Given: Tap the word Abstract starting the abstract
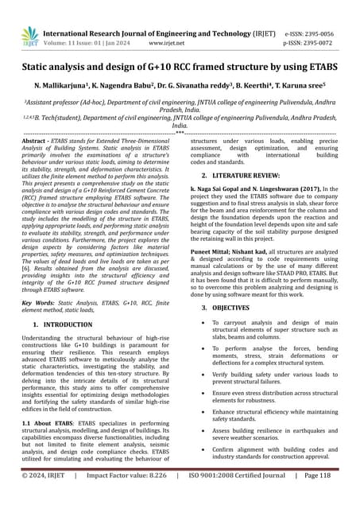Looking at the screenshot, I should (x=41, y=140).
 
